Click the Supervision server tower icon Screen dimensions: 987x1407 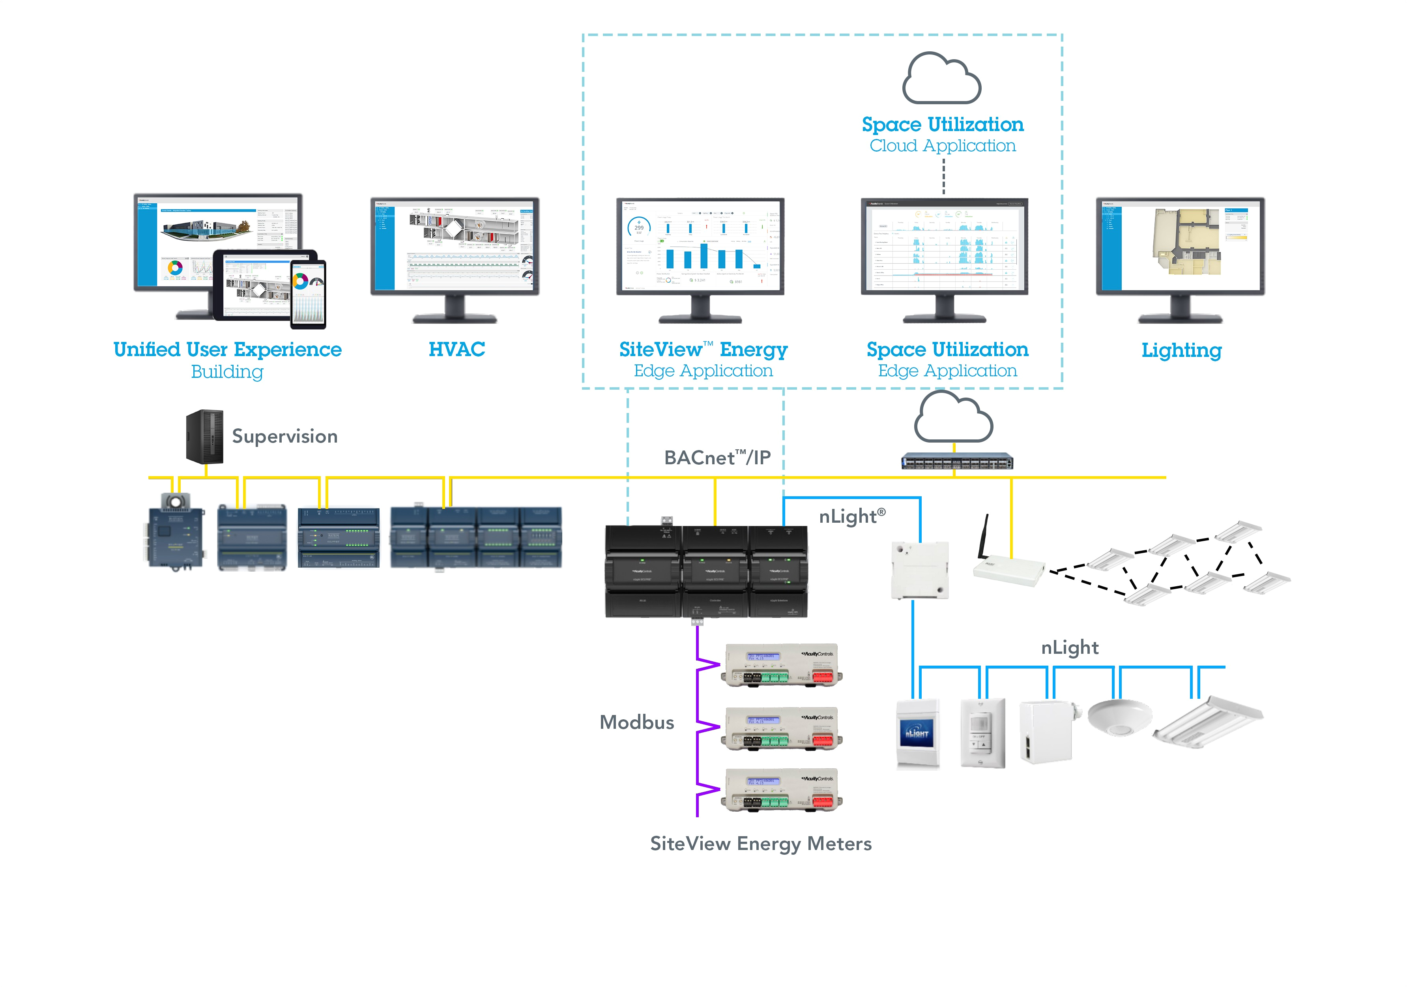pos(205,437)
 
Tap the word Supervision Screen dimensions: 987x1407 pos(284,437)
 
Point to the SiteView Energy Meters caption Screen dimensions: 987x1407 pos(760,844)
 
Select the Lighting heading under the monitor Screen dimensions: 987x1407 pos(1181,350)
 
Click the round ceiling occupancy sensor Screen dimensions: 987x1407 pos(1120,716)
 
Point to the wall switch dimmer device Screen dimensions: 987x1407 pos(982,733)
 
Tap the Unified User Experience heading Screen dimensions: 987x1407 pos(227,349)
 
